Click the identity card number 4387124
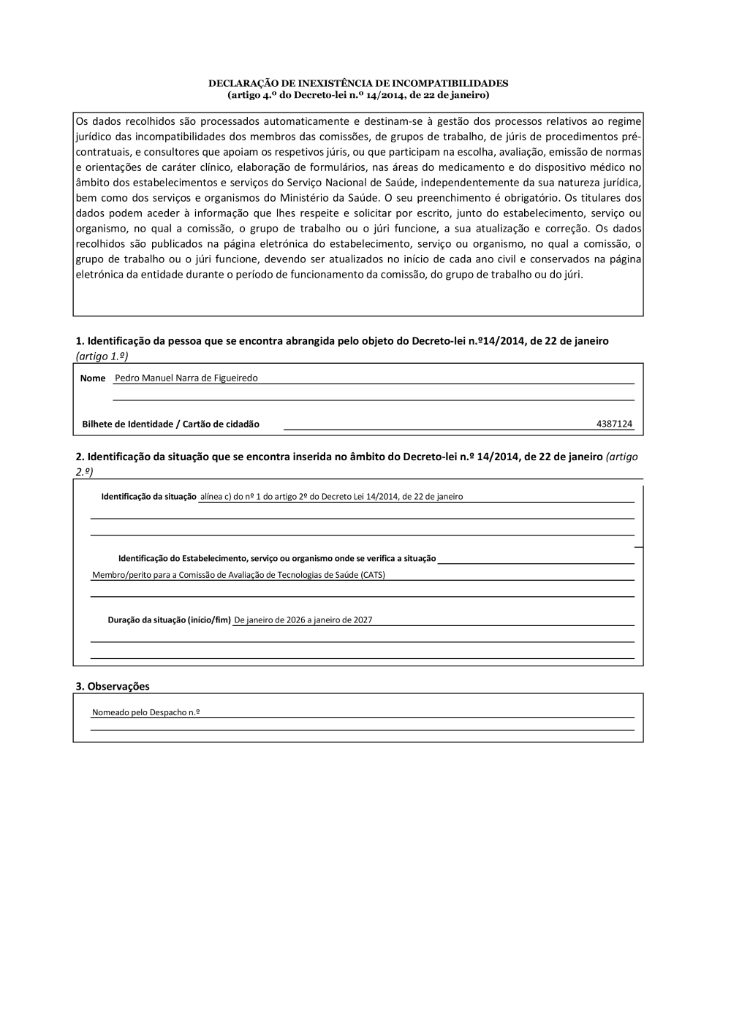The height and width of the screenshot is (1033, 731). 614,424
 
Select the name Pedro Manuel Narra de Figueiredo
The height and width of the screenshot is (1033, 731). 186,378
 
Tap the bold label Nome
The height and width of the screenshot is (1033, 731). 93,378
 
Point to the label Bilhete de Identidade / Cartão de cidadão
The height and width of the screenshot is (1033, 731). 170,424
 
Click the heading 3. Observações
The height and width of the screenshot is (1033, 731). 113,686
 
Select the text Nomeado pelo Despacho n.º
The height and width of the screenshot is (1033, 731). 146,712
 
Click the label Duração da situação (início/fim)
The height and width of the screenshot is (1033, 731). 169,620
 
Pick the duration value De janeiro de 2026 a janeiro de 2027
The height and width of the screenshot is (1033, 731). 303,620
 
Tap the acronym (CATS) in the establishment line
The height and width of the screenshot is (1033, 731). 373,575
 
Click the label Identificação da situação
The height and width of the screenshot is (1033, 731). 148,497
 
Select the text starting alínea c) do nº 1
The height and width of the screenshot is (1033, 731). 331,497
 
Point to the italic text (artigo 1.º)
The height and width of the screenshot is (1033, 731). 102,355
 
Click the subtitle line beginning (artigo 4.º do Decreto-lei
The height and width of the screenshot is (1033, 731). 358,95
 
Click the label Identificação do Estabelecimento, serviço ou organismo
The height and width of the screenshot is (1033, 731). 277,559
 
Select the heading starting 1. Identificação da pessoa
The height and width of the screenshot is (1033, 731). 342,341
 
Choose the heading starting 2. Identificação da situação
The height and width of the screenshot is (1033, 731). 339,457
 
